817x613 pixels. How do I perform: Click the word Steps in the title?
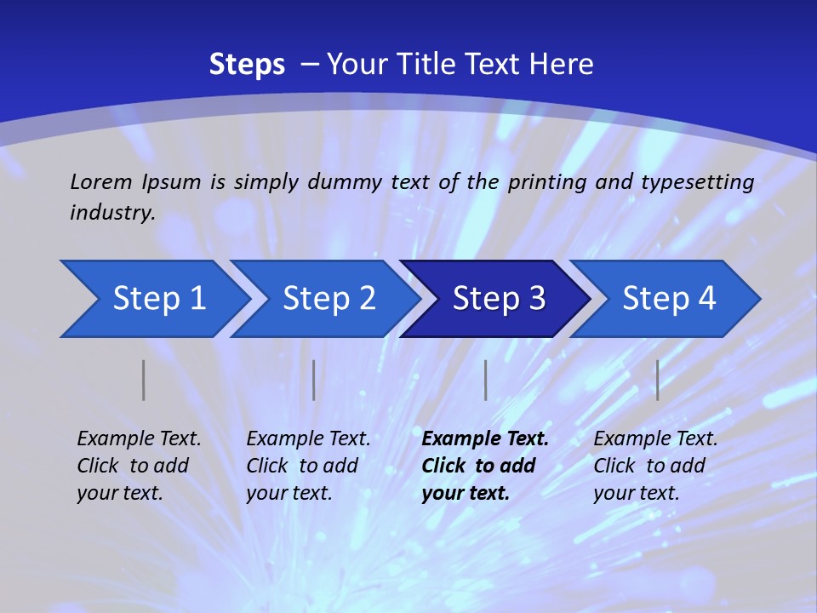pyautogui.click(x=247, y=65)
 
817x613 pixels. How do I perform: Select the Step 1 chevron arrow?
pyautogui.click(x=158, y=299)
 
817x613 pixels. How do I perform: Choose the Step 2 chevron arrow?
pyautogui.click(x=329, y=299)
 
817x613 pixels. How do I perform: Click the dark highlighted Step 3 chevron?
pyautogui.click(x=499, y=299)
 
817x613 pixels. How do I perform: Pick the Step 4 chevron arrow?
pyautogui.click(x=669, y=299)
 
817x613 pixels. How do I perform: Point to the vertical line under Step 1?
pyautogui.click(x=144, y=380)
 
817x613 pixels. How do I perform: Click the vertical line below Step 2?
pyautogui.click(x=314, y=380)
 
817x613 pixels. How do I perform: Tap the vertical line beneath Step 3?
pyautogui.click(x=485, y=380)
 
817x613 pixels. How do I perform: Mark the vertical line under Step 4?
pyautogui.click(x=657, y=380)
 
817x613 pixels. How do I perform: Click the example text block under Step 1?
pyautogui.click(x=139, y=466)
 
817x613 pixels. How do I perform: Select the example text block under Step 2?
pyautogui.click(x=308, y=466)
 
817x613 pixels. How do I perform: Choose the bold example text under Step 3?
pyautogui.click(x=485, y=466)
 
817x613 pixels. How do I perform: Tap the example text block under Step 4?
pyautogui.click(x=655, y=466)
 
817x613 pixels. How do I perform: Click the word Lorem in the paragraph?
pyautogui.click(x=101, y=181)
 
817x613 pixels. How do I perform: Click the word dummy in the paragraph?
pyautogui.click(x=346, y=182)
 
